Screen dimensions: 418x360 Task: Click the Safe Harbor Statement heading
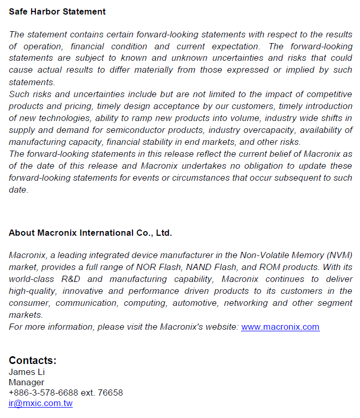[x=57, y=11]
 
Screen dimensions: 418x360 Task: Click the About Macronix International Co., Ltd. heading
[x=90, y=233]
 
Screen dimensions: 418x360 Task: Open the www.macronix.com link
[x=280, y=327]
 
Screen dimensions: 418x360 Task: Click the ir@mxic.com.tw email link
[x=41, y=403]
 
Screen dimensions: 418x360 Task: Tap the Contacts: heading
[x=33, y=360]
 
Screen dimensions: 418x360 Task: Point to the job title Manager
[x=26, y=382]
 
